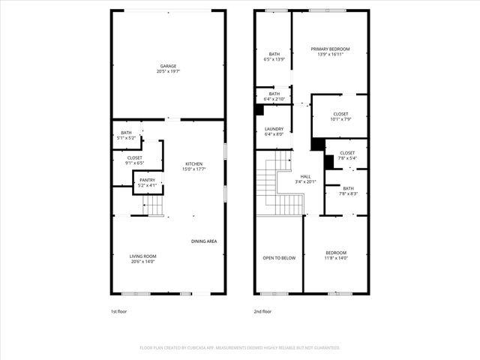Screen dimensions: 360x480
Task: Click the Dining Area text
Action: click(x=204, y=241)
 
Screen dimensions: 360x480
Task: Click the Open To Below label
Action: click(x=278, y=258)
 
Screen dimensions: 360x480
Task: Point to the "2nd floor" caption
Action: click(x=262, y=310)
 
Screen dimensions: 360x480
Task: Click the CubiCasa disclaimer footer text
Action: click(x=240, y=347)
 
